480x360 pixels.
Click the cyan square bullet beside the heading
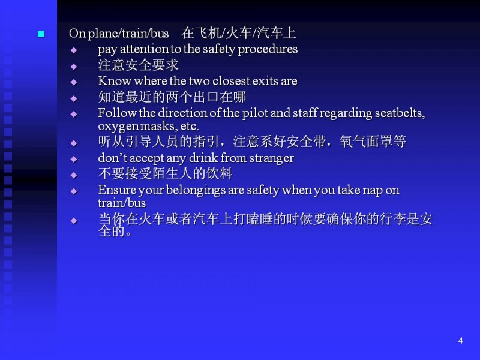(x=41, y=34)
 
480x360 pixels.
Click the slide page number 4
(x=460, y=340)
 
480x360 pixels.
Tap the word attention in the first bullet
(x=143, y=49)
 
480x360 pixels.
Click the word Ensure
(x=117, y=190)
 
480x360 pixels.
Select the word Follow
(x=117, y=113)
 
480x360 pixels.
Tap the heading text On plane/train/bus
(x=119, y=34)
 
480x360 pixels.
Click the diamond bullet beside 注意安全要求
(x=73, y=67)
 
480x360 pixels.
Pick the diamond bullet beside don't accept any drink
(x=73, y=159)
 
